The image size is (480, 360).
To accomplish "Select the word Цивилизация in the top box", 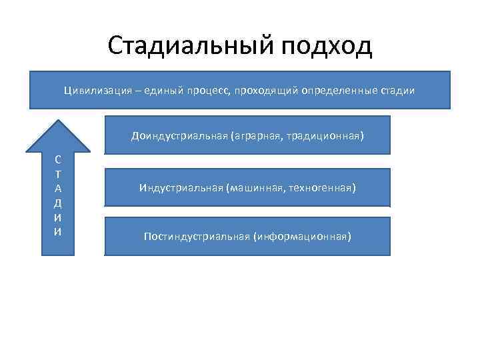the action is point(93,89).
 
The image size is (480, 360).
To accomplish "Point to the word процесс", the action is point(207,89).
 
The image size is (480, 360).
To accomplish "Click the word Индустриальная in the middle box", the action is point(181,188).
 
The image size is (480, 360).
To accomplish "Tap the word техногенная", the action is point(323,188).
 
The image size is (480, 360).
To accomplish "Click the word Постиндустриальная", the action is point(197,237).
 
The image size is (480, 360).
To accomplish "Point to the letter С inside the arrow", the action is point(59,160).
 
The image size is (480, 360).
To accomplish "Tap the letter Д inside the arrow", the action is point(59,203).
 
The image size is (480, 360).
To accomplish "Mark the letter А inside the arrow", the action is point(59,189).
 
